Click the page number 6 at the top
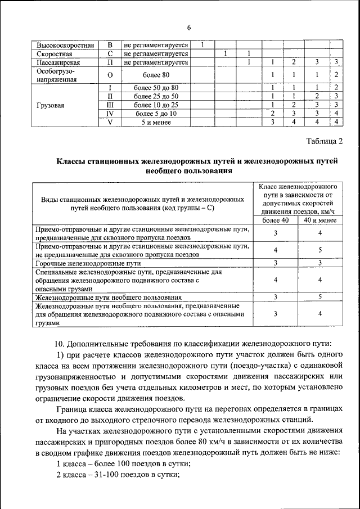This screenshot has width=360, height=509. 189,28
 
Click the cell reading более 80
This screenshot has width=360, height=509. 156,75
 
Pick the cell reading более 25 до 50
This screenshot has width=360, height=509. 156,96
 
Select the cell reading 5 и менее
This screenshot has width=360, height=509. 156,122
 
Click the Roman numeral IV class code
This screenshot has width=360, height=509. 110,114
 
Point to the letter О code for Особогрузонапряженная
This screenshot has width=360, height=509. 110,75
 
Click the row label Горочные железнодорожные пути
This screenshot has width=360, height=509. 88,263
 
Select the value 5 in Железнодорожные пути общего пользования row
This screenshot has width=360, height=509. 319,296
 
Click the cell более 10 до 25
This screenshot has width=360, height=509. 156,105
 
